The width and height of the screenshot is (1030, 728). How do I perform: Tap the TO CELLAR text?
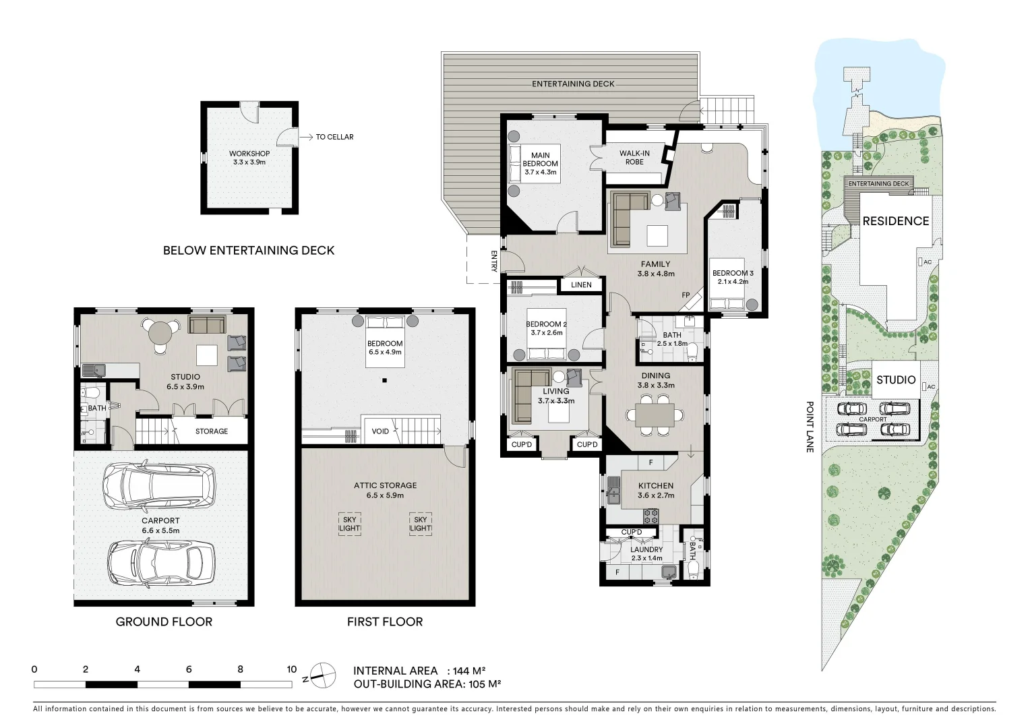click(x=334, y=137)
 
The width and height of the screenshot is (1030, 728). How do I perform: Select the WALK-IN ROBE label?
click(x=634, y=158)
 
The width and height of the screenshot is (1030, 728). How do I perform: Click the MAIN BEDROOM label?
click(x=540, y=163)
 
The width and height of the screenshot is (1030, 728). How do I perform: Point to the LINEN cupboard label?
click(x=581, y=285)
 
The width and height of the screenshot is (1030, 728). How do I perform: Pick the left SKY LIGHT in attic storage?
click(x=349, y=524)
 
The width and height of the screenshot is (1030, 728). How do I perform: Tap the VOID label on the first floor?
click(x=380, y=431)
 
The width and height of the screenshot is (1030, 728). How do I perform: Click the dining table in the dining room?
click(x=655, y=414)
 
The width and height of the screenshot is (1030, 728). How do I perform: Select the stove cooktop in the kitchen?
click(x=651, y=516)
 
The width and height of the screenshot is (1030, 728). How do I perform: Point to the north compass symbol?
click(x=322, y=675)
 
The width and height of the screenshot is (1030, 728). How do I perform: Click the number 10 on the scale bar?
click(x=291, y=669)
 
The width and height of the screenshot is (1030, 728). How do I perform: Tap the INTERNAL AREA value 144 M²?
click(x=469, y=671)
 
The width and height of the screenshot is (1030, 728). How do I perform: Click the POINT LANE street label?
click(x=810, y=427)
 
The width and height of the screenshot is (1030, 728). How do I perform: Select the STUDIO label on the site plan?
click(x=895, y=380)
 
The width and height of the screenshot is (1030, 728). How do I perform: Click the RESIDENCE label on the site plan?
click(x=895, y=221)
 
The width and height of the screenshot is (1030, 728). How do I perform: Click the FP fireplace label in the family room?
click(x=686, y=295)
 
